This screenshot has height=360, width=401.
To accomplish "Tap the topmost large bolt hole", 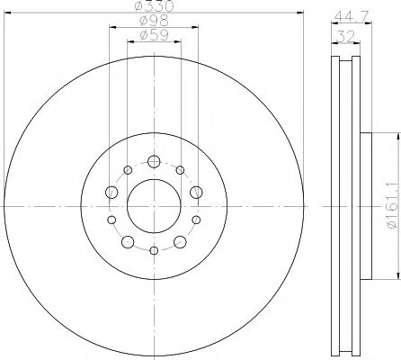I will pos(154,162).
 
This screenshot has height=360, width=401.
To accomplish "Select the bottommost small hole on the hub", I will pos(154,249).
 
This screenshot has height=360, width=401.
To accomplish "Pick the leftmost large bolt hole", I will pos(111,192).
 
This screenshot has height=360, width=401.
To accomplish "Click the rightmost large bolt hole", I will pos(196,192).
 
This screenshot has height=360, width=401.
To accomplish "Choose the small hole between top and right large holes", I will pos(180,170).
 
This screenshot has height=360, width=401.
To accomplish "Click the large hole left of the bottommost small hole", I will pos(128,241).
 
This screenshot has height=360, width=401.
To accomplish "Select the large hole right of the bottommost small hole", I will pos(180,241).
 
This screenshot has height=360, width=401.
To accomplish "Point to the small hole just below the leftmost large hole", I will pos(112,220).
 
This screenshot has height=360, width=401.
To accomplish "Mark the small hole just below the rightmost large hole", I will pos(195,220).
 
